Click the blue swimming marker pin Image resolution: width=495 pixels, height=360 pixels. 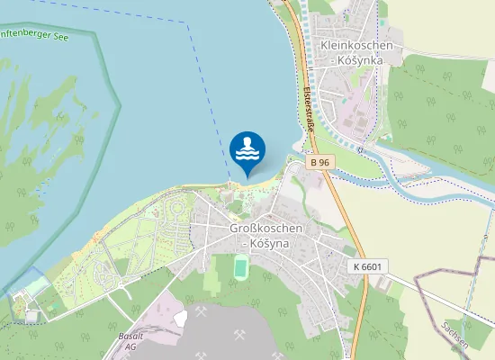click(x=247, y=150)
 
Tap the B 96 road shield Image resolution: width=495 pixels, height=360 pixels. click(x=320, y=163)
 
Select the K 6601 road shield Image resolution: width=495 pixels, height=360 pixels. click(x=367, y=268)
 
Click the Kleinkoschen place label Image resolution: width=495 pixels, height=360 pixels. click(x=357, y=44)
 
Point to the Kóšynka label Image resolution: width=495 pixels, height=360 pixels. click(x=357, y=59)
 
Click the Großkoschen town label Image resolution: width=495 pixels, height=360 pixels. click(x=265, y=229)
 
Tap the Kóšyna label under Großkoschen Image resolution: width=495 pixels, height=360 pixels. click(x=265, y=243)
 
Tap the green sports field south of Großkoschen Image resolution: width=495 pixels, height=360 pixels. click(x=240, y=266)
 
